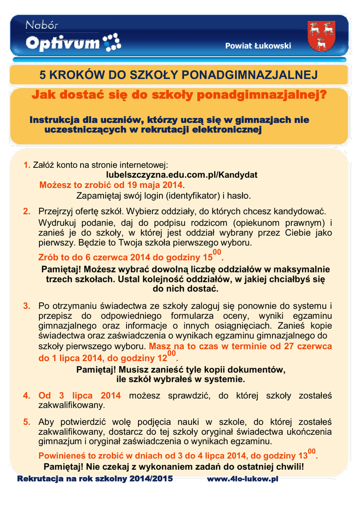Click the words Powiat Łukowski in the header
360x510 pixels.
pyautogui.click(x=258, y=46)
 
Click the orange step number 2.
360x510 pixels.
pyautogui.click(x=27, y=212)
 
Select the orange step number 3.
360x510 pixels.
pyautogui.click(x=27, y=305)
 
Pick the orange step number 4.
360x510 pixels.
pyautogui.click(x=27, y=396)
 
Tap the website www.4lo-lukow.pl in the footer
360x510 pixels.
pyautogui.click(x=242, y=479)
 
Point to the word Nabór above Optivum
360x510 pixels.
pyautogui.click(x=42, y=25)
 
